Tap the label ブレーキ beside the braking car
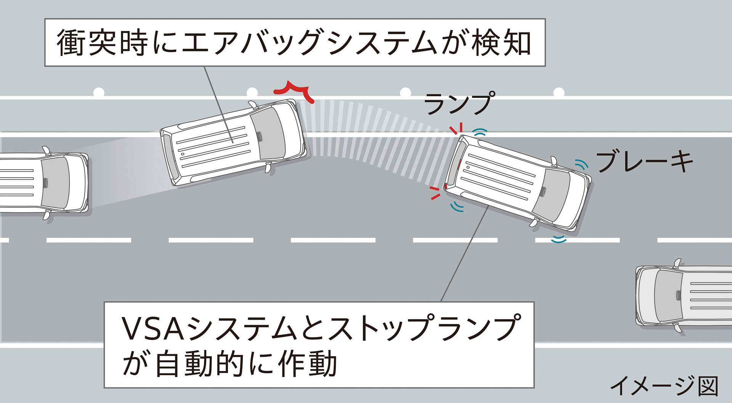click(x=644, y=161)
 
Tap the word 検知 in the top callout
click(x=501, y=43)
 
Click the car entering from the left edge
click(x=44, y=182)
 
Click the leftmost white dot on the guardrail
click(x=99, y=92)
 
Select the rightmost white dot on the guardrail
click(x=559, y=92)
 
